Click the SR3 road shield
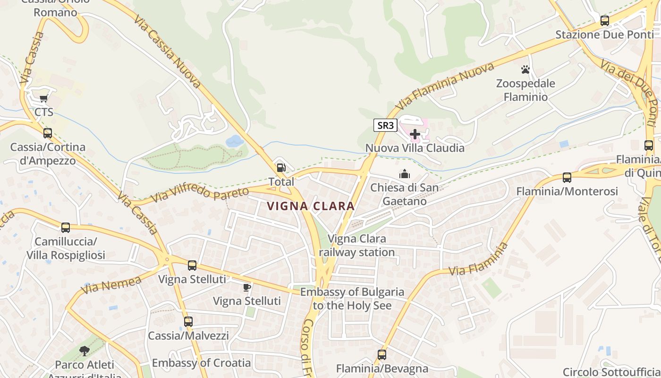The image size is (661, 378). [385, 125]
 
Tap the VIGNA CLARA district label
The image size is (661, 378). [310, 206]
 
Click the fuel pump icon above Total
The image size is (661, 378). [281, 168]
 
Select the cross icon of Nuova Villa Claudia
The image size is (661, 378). [415, 134]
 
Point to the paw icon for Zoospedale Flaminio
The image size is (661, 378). [525, 70]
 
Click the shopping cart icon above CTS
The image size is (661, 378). [44, 98]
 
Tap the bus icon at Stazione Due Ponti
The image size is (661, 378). [604, 20]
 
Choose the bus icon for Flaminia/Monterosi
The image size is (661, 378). [567, 178]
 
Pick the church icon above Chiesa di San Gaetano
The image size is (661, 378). [404, 174]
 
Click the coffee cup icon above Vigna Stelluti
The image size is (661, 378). [246, 287]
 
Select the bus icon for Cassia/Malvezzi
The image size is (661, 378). [188, 322]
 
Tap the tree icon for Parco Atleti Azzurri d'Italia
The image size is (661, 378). [85, 351]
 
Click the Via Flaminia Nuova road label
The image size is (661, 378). [445, 86]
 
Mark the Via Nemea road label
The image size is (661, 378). [111, 285]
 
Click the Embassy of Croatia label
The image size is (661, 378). [201, 363]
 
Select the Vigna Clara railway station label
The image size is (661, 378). [356, 245]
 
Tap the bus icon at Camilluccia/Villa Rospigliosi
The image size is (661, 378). [66, 228]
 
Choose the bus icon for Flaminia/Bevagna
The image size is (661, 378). [381, 354]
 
